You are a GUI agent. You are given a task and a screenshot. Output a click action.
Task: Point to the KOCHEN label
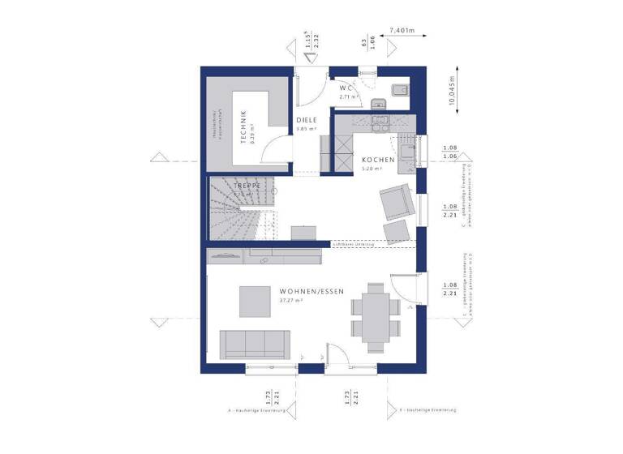(x=378, y=161)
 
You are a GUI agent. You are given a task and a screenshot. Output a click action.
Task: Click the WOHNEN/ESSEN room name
(x=311, y=291)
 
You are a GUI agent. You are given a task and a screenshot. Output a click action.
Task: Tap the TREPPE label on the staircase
(x=246, y=185)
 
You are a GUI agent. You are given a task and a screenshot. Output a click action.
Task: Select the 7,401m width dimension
(x=402, y=31)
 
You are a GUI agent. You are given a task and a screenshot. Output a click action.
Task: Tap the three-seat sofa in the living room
(x=256, y=344)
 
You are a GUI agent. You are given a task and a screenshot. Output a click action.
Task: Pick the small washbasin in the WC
(x=376, y=103)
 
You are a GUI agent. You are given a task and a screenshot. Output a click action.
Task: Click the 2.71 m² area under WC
(x=348, y=96)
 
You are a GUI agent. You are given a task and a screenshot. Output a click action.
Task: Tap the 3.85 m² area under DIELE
(x=306, y=129)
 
